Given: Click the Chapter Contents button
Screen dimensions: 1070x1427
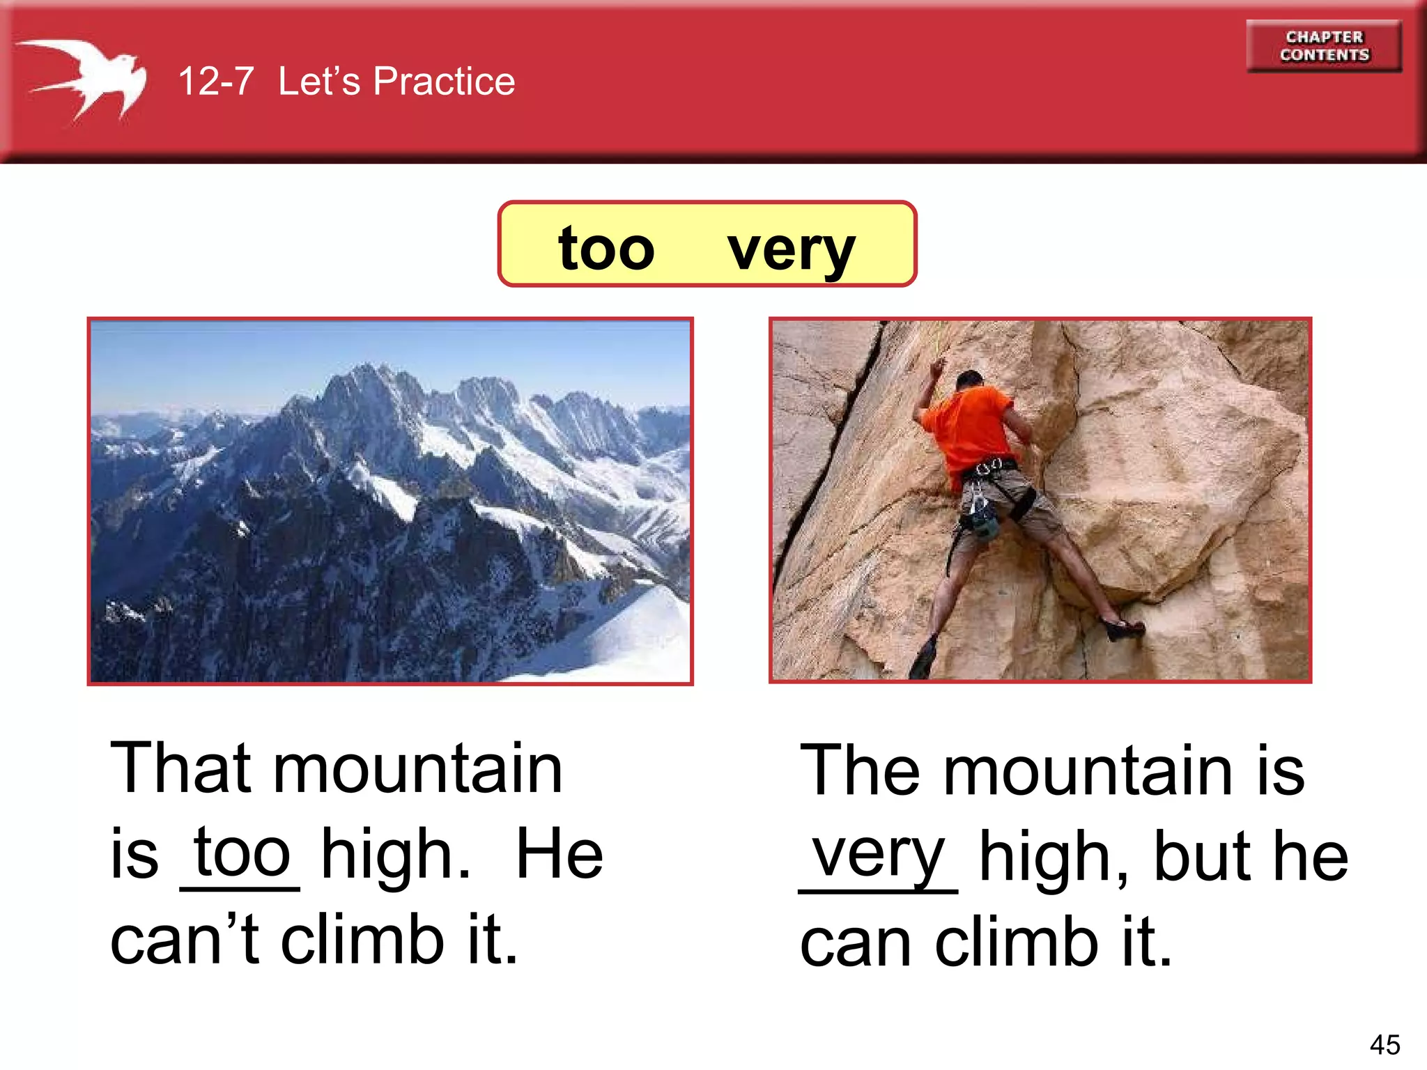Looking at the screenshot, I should click(1324, 46).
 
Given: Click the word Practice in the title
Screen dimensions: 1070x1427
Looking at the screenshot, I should click(444, 81).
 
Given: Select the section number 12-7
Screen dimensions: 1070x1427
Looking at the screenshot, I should click(216, 81).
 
